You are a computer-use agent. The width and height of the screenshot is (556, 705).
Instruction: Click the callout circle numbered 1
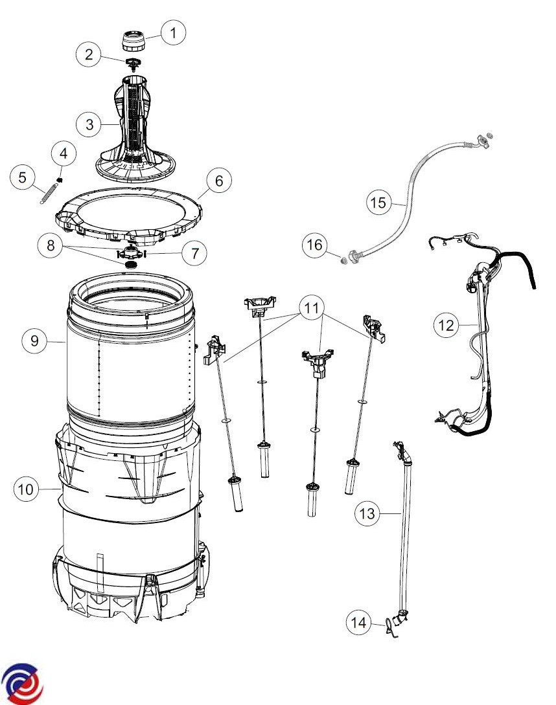173,32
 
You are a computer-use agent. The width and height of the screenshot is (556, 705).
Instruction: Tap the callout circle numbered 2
89,54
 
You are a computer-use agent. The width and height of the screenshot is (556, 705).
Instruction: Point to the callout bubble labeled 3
89,124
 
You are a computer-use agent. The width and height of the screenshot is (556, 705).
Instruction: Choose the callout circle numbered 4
64,154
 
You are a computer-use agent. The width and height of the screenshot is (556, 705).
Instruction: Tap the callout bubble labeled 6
219,181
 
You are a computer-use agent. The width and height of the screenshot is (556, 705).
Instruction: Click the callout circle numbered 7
194,253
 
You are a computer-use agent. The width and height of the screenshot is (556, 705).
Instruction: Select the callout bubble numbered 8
51,245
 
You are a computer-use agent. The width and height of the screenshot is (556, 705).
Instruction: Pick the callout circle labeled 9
34,341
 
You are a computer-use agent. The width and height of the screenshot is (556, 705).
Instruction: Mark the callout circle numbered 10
26,489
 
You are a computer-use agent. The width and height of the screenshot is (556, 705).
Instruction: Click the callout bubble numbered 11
312,308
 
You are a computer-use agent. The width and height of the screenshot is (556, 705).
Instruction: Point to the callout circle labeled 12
446,324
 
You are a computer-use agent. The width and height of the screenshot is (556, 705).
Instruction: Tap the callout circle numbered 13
367,513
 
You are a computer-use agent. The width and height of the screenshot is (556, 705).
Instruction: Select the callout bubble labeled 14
358,622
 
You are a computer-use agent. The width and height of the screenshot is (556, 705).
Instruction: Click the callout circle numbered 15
378,203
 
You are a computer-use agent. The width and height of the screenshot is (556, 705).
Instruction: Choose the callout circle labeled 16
315,245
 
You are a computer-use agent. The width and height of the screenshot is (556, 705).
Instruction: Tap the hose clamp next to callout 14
391,628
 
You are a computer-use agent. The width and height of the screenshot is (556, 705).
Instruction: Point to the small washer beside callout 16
343,260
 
